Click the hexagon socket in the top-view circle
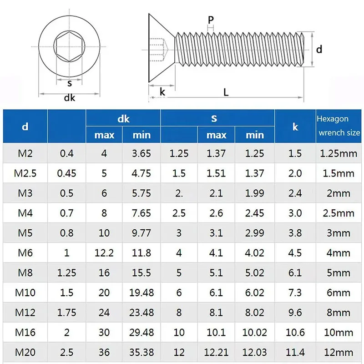(70, 45)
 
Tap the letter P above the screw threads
(210, 20)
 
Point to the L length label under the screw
(226, 91)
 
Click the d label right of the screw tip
(319, 49)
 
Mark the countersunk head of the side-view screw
(160, 48)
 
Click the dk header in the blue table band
(123, 119)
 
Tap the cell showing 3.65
(141, 153)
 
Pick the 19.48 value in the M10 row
(141, 293)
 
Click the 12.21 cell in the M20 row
(216, 352)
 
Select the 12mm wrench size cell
(339, 352)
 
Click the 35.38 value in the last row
(141, 352)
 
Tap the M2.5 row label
(25, 173)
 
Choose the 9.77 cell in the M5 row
(141, 233)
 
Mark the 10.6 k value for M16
(295, 332)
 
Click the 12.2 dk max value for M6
(104, 253)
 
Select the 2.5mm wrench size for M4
(339, 213)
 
